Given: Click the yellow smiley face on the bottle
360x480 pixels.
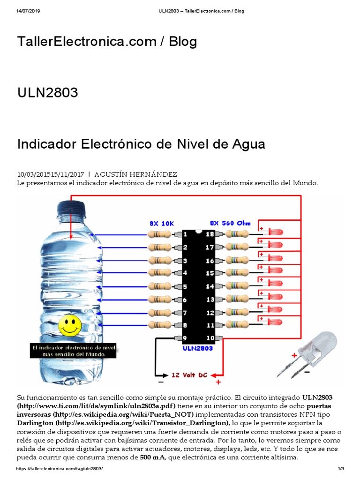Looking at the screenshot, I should click(x=70, y=325).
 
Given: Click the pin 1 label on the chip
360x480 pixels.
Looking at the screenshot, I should click(x=186, y=234).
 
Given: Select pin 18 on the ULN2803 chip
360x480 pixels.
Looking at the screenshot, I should click(x=210, y=234).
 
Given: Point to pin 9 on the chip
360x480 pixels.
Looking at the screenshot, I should click(x=186, y=338).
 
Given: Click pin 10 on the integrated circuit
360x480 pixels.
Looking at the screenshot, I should click(x=210, y=338).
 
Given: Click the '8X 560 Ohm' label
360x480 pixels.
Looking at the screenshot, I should click(x=231, y=224).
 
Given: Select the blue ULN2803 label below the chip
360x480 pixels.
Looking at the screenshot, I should click(x=197, y=348).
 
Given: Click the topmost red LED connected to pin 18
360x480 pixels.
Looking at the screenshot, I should click(x=276, y=233).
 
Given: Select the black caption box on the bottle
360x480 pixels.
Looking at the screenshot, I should click(x=73, y=351).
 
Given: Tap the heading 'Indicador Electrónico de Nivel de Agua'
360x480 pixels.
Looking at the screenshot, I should click(x=141, y=144).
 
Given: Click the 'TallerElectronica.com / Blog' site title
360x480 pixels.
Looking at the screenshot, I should click(x=107, y=42).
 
